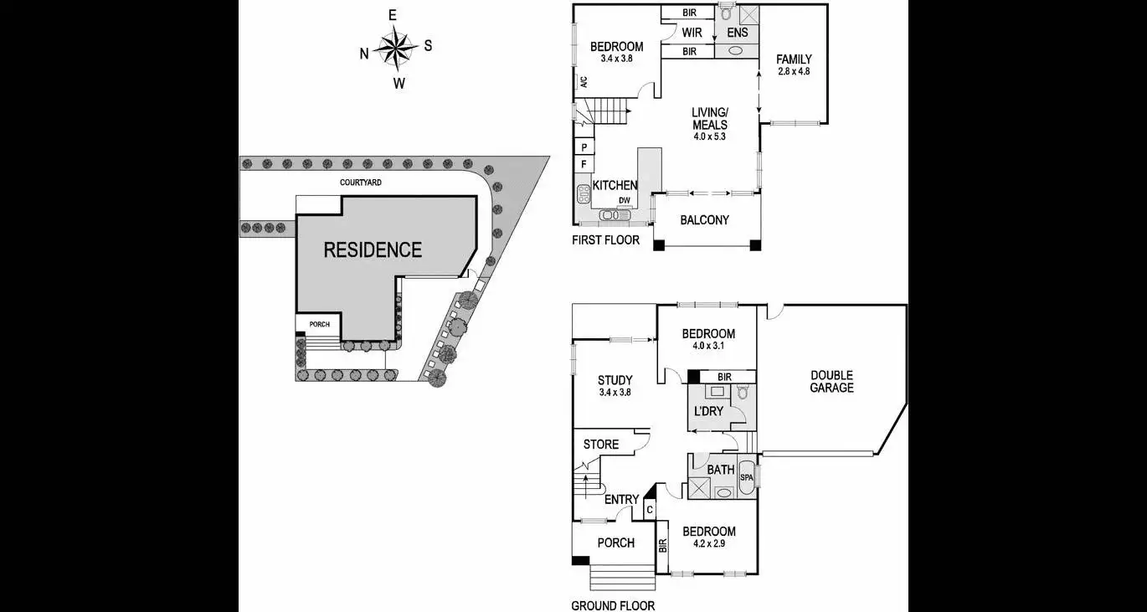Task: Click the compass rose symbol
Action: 396,48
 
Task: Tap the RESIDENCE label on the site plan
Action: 373,249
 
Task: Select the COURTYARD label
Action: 361,182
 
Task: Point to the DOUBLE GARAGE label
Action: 831,382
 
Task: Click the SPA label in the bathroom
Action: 747,478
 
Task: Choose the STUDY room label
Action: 615,380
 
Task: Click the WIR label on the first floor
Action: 692,33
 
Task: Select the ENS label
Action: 737,33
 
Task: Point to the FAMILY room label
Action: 793,59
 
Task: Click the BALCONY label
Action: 706,220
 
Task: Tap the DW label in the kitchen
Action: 624,200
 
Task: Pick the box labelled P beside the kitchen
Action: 584,147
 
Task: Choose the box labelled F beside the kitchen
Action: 584,164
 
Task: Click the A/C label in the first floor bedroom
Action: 584,82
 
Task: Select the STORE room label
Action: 600,444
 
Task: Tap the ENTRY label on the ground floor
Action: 621,500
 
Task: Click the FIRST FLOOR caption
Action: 605,240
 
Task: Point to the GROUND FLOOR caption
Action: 613,605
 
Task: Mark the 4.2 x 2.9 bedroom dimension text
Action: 708,543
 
